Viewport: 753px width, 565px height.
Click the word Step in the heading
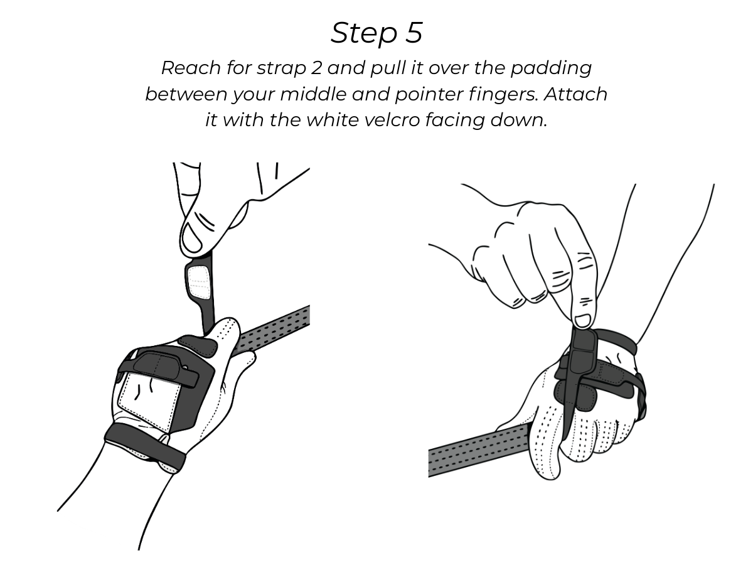click(x=364, y=34)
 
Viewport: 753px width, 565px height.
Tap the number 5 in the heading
click(x=414, y=33)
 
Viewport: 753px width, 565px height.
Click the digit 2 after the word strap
click(x=316, y=68)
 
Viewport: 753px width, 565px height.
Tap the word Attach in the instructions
click(x=575, y=94)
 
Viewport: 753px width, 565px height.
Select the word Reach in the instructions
click(x=191, y=68)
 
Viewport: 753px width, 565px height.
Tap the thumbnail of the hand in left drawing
click(x=191, y=238)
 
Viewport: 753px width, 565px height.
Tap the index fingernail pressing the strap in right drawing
click(x=582, y=320)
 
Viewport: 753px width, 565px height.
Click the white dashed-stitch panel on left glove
click(x=149, y=400)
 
